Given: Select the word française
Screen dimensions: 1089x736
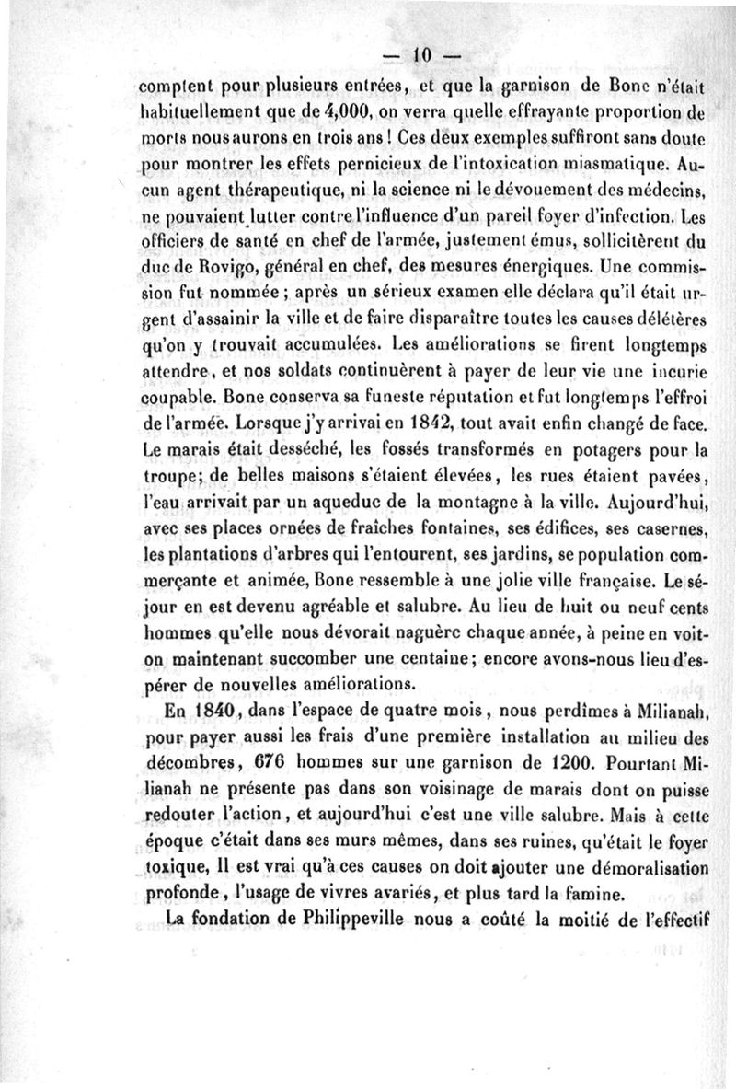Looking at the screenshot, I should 605,582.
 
